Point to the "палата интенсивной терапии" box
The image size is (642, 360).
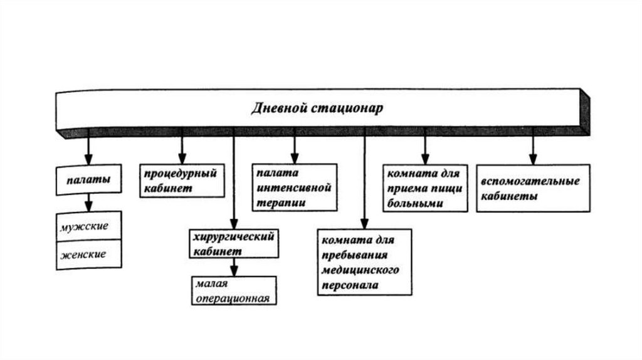(293, 187)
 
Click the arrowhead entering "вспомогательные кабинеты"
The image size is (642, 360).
(533, 159)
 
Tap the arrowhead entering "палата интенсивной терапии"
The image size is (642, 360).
(293, 159)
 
